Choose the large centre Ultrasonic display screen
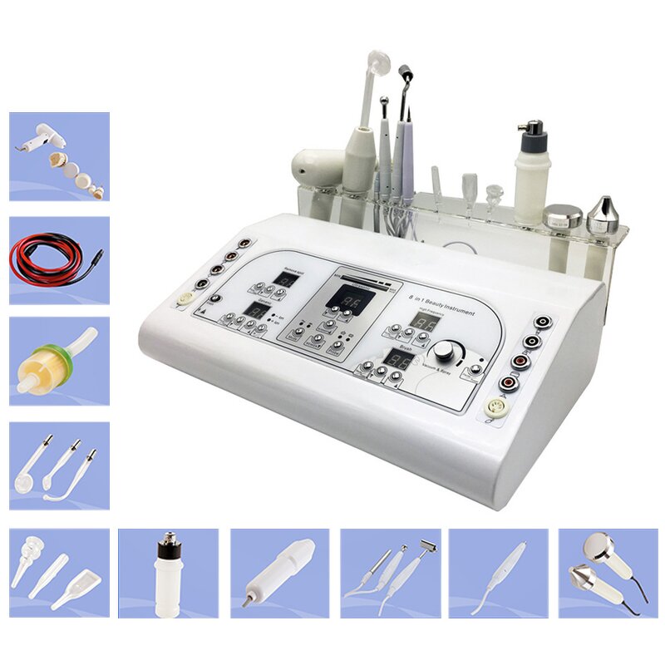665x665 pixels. point(342,297)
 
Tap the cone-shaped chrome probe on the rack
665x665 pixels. point(602,215)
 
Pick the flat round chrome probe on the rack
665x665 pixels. point(562,215)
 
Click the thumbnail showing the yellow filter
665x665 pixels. point(59,361)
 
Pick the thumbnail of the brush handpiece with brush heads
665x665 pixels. point(59,156)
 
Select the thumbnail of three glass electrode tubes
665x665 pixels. point(59,465)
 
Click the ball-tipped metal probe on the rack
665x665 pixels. point(383,104)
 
